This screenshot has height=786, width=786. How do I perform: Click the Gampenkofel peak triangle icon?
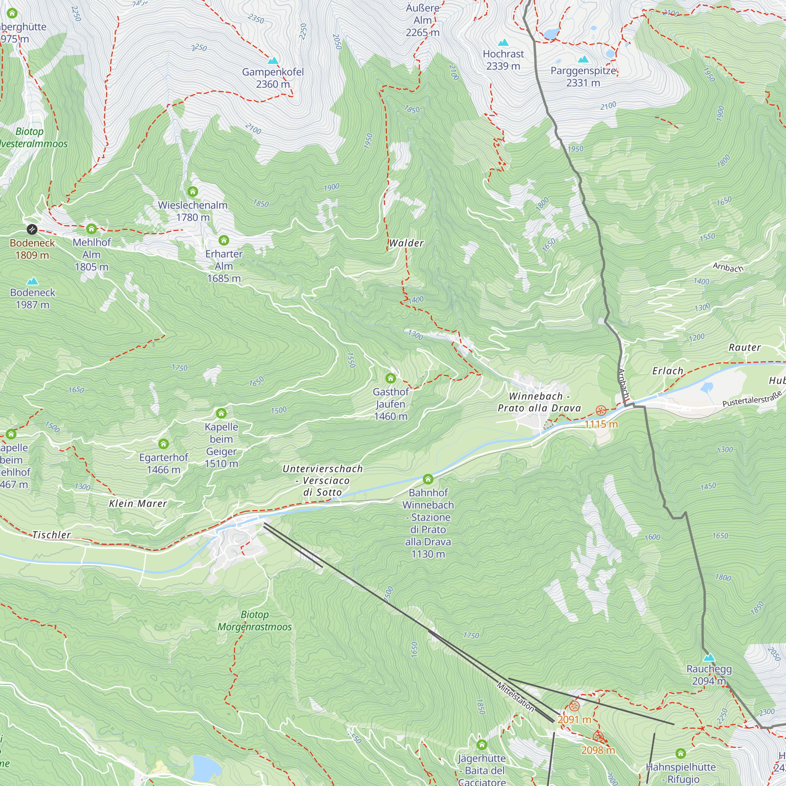pos(273,61)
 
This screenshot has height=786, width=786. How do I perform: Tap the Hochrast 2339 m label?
pos(503,60)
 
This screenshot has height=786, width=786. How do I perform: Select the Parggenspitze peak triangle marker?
pos(583,59)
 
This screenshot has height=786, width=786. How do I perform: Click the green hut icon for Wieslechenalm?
pos(193,191)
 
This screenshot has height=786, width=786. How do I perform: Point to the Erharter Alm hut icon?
pos(224,240)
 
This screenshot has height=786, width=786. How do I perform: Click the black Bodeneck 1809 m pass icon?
pos(32,230)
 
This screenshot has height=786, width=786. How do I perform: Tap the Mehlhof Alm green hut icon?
pos(92,229)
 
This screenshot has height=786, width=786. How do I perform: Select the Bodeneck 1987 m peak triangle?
pos(33,281)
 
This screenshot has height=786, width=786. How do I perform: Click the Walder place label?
pos(406,243)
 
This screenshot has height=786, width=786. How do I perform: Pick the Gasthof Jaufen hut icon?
pos(391,378)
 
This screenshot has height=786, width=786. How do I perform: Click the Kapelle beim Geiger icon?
pos(221,413)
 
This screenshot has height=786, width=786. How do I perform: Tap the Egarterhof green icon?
pos(163,443)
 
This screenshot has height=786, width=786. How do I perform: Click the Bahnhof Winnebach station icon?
pos(428,479)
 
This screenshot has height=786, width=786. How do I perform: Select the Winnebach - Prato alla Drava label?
pos(539,402)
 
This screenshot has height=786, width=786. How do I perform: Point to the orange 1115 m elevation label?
pos(601,424)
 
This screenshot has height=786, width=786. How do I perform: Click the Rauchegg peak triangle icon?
pos(709,657)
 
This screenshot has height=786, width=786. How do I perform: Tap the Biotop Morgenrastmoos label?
pos(254,621)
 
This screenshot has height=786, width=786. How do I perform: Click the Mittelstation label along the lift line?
pos(515,697)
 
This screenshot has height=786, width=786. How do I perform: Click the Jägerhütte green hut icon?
pos(482,745)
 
